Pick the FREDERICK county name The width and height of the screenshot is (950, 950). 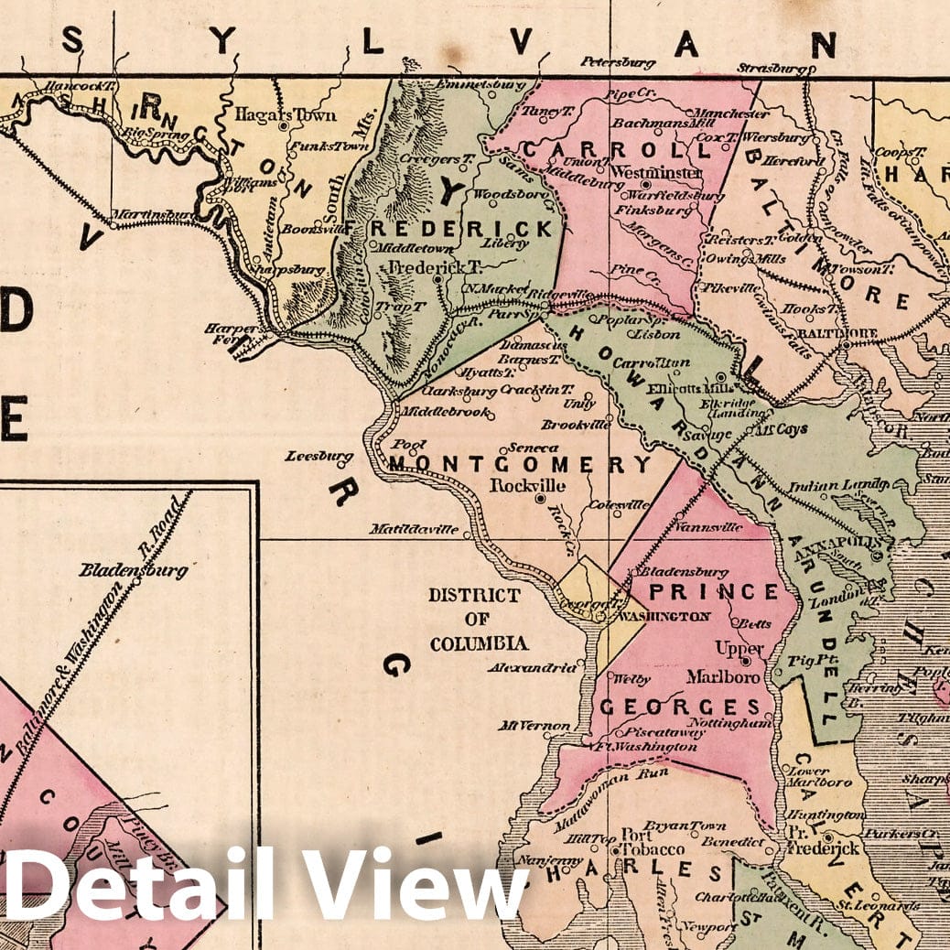[461, 228]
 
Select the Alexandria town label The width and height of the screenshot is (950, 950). [538, 668]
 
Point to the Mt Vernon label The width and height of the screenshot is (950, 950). [534, 726]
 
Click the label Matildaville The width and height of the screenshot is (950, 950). [414, 529]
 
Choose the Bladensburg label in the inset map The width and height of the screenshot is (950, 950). [133, 570]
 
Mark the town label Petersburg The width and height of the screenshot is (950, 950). [618, 62]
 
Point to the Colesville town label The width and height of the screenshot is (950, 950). [620, 504]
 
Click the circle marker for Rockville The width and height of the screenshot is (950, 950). [540, 499]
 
